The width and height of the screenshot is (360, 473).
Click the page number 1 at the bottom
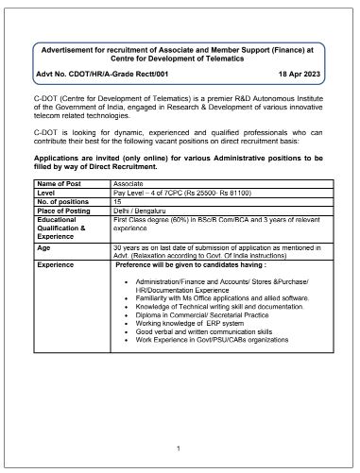[179, 447]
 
